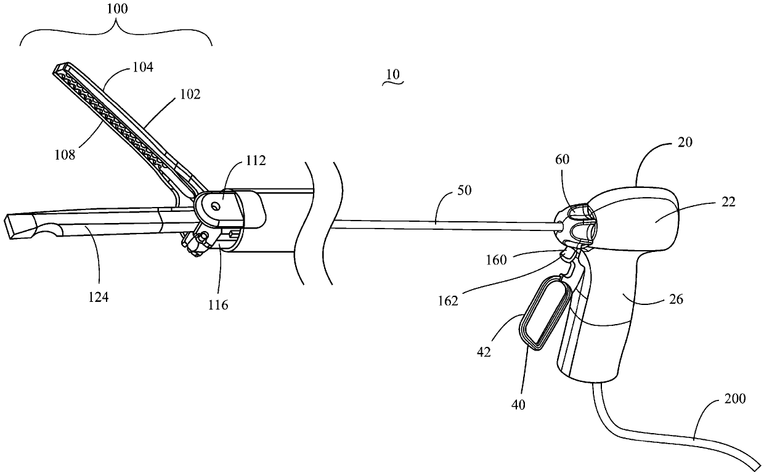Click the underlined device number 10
pos(392,74)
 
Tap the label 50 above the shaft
pos(465,190)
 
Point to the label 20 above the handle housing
pos(684,142)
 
